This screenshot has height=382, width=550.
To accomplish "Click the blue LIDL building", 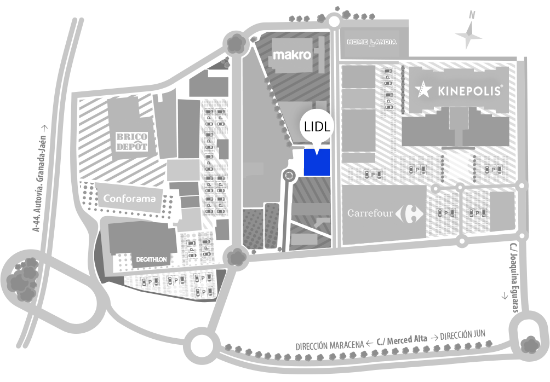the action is point(317,162).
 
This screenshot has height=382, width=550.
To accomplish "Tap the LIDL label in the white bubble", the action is point(317,126).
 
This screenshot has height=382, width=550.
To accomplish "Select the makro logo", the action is point(292,55).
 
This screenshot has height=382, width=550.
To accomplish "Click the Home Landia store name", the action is point(372,42).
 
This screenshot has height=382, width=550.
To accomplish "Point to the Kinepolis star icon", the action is point(423,89).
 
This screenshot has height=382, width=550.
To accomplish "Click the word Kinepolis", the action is point(469,91).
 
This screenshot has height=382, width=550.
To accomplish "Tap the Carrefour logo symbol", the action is point(410,213).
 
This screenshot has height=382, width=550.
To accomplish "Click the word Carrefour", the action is point(370,213).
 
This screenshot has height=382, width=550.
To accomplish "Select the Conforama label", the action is point(129,198).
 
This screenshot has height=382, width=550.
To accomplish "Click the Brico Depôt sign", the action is point(132,142).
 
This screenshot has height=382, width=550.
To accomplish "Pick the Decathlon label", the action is point(151,260).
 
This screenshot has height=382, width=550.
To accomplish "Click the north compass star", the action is point(468,34).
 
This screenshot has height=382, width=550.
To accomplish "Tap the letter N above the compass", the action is point(472,15).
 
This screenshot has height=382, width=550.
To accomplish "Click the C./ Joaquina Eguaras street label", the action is point(514,277).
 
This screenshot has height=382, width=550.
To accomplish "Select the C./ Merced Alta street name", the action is point(402,340).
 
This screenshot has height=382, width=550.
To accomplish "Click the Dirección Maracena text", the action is point(329,345).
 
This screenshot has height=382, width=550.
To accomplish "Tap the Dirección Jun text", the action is point(462,335).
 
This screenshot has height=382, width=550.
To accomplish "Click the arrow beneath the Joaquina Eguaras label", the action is point(505,296).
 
